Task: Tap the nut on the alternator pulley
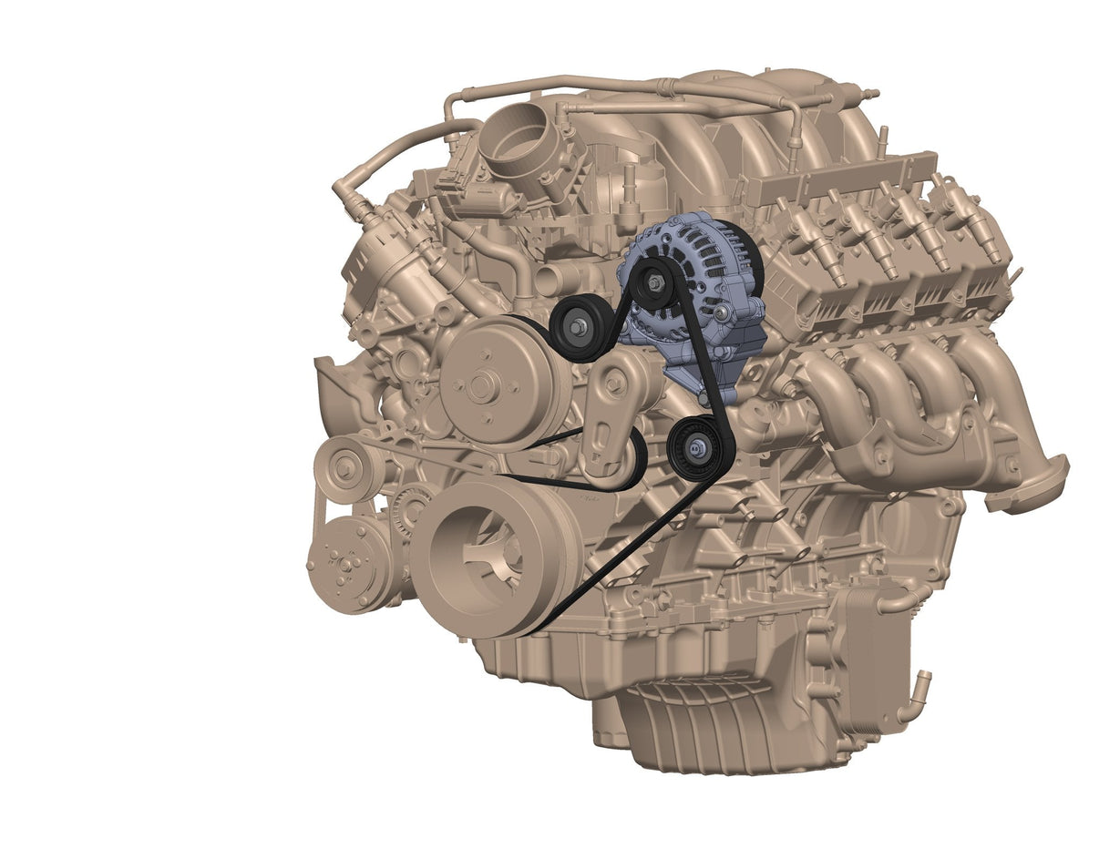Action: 654,281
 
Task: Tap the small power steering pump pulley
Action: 344,468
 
